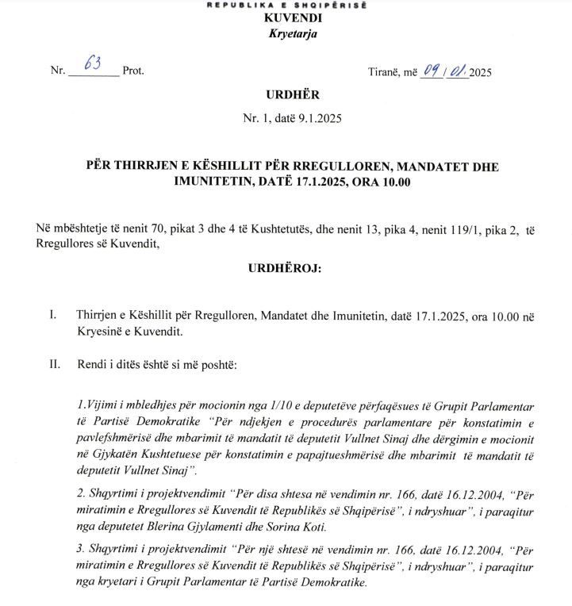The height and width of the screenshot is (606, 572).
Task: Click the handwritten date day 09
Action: [431, 70]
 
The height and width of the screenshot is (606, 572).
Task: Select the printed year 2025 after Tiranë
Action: [480, 72]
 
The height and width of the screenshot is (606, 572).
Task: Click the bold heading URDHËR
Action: [282, 95]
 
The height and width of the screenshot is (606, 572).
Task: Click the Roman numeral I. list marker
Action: [52, 316]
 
